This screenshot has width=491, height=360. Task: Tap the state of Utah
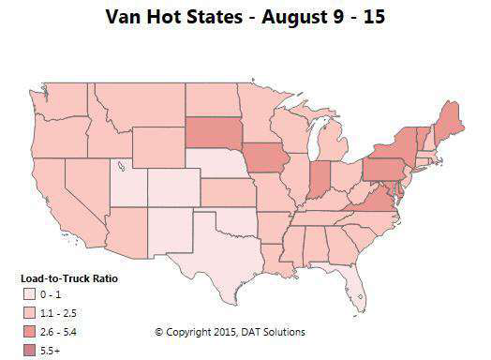point(126,178)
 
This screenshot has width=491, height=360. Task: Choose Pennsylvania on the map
point(387,169)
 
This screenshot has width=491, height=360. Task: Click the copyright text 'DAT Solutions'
point(272,332)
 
